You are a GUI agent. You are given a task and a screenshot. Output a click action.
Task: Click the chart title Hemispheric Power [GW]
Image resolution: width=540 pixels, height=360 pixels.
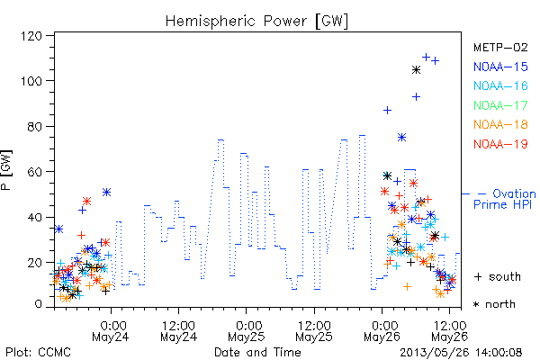[256, 22]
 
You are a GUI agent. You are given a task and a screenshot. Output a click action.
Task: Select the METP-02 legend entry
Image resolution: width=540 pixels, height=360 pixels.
[500, 48]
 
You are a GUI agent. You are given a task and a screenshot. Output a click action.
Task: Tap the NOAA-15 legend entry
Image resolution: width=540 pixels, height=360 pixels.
[500, 67]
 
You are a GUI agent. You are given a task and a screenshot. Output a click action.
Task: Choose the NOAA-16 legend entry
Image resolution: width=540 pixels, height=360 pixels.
[500, 85]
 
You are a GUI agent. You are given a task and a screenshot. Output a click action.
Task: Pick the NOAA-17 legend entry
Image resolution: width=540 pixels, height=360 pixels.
[500, 105]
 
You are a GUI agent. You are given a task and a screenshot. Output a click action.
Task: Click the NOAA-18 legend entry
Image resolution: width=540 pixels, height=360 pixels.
[500, 124]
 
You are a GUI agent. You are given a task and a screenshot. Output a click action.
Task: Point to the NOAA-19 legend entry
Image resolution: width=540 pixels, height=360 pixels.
[500, 144]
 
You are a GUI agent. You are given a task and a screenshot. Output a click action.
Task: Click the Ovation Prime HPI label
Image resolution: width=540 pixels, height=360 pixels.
[505, 199]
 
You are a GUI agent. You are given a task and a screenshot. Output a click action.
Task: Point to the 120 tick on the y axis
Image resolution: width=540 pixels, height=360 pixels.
[31, 36]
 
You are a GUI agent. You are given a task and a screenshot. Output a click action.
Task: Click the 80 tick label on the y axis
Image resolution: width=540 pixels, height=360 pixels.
[35, 126]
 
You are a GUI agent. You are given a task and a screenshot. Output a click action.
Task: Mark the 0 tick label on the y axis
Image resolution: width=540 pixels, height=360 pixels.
[38, 304]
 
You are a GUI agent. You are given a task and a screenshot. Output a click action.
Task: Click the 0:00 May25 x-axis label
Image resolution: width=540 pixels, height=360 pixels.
[247, 331]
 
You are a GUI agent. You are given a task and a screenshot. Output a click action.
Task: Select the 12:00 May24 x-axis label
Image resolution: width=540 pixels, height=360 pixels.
[179, 331]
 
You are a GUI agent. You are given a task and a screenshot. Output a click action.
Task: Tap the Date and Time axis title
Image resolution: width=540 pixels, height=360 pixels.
[257, 352]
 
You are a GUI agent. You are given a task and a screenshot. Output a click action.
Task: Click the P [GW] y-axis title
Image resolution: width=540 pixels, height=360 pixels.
[6, 170]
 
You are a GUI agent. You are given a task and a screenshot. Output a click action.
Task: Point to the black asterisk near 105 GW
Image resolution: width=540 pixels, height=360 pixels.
[417, 70]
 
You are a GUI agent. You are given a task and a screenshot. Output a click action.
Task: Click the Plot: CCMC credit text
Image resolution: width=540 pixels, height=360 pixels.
[38, 352]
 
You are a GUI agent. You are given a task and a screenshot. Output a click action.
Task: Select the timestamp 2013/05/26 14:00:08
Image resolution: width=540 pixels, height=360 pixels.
[461, 353]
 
